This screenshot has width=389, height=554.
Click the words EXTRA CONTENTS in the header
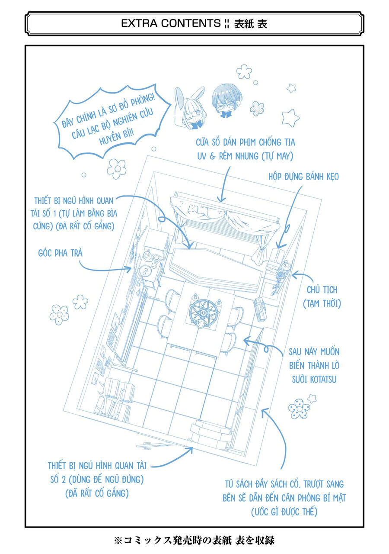pos(170,24)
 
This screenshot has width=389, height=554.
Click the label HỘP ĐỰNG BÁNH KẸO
pos(303,177)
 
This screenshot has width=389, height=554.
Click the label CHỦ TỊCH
pos(322,290)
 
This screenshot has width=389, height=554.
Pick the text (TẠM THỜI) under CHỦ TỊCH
pos(322,304)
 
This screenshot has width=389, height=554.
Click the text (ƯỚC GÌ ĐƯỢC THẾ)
pos(284,512)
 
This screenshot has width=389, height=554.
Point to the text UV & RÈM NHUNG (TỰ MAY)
pos(246,156)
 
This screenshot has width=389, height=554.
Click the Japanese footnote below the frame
pos(194,540)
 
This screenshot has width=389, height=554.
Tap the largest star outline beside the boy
pos(290,117)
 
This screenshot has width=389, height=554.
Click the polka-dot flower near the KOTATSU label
pos(300,408)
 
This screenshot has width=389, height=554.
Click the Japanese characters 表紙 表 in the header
pos(251,24)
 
